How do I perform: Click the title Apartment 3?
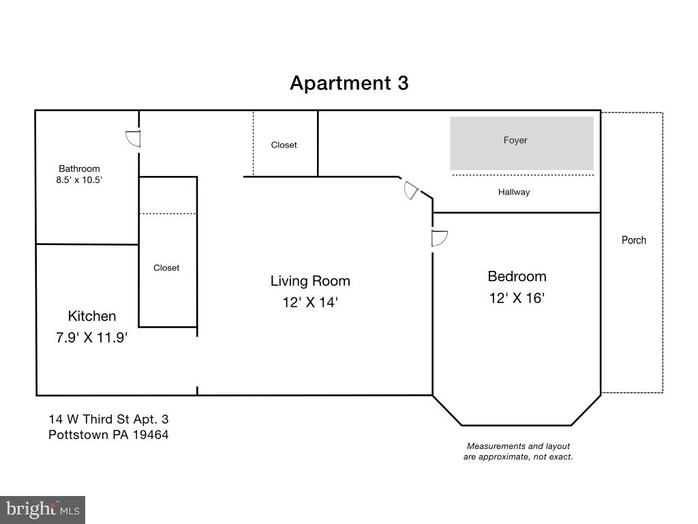[x=349, y=83]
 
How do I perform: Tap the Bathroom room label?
[x=79, y=169]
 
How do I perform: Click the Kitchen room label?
[x=92, y=316]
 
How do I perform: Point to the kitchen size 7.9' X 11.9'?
[x=92, y=336]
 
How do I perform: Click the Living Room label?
[x=310, y=280]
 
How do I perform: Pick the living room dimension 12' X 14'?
[x=310, y=302]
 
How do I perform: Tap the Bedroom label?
[x=517, y=276]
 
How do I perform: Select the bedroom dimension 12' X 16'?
[x=517, y=298]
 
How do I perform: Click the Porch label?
[x=634, y=240]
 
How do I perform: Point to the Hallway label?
[x=514, y=192]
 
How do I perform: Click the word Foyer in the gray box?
[x=515, y=141]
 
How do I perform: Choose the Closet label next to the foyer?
[x=284, y=145]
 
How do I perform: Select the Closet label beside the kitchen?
[x=166, y=268]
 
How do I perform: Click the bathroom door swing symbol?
[x=133, y=139]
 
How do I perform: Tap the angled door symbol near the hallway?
[x=410, y=190]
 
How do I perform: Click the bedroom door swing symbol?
[x=439, y=238]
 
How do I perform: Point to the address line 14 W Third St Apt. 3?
[x=108, y=419]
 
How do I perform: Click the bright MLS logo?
[x=42, y=510]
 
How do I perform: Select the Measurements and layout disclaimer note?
[x=518, y=451]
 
